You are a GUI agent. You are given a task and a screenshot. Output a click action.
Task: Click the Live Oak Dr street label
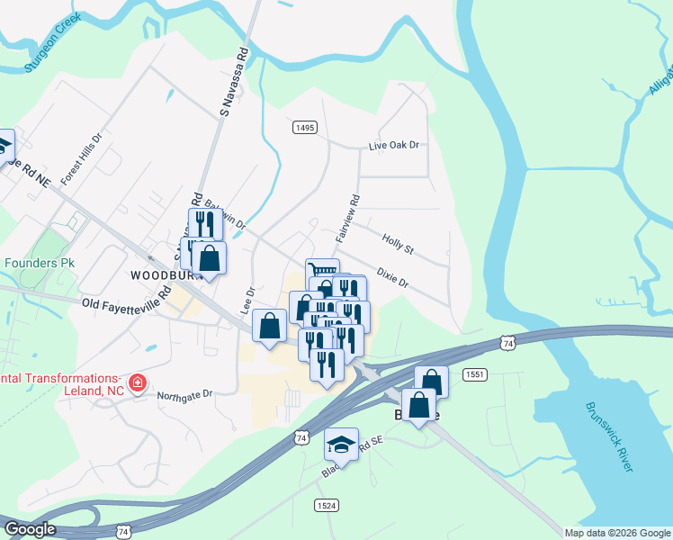(395, 145)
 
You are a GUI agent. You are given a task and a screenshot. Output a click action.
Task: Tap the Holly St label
(397, 243)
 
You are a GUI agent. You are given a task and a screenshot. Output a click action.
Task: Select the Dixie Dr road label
(392, 277)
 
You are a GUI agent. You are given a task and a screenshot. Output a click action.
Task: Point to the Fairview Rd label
(348, 219)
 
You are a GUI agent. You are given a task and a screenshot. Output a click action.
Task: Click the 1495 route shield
(305, 128)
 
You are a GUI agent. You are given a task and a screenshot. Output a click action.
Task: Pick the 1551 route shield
(475, 373)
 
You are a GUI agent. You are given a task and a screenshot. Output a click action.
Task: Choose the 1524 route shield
(327, 506)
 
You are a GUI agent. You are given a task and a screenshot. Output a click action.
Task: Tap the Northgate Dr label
(184, 394)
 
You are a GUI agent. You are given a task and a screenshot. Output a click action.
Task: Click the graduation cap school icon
(341, 444)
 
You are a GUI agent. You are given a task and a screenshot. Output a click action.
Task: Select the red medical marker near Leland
(137, 384)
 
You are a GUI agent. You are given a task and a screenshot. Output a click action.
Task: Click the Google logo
(29, 529)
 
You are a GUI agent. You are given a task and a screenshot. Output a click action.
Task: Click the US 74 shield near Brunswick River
(508, 343)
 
